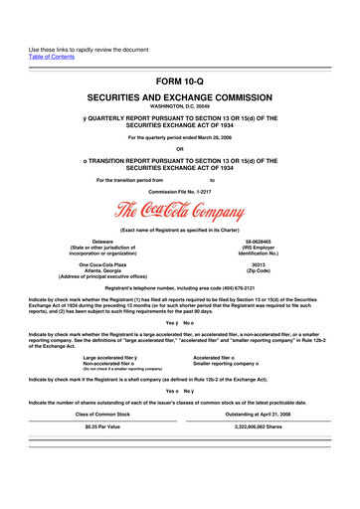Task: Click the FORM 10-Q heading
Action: (180, 82)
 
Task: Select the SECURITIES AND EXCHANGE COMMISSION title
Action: (180, 102)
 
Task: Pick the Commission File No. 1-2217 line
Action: (180, 190)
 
